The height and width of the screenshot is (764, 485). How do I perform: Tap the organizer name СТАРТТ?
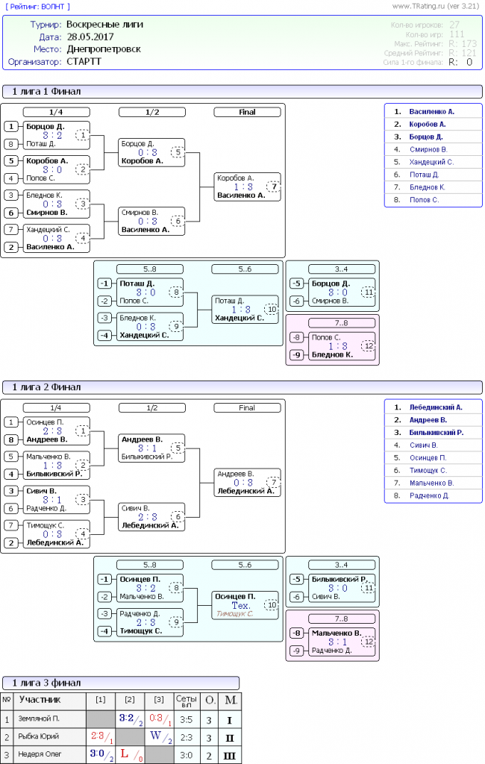(84, 62)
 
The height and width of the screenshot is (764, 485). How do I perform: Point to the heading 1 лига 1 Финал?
(46, 91)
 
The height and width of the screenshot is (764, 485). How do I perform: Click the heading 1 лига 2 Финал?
(46, 387)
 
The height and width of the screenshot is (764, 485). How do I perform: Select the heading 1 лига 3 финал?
(46, 683)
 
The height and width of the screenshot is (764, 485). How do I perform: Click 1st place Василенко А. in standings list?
(432, 111)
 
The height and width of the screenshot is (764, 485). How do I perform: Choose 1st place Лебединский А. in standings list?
(436, 407)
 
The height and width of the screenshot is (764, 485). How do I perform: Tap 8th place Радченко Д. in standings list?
(429, 496)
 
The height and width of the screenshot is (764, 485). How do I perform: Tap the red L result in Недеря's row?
(125, 754)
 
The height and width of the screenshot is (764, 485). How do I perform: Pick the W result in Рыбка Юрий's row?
(155, 736)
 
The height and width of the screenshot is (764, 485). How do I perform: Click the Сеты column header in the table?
(186, 700)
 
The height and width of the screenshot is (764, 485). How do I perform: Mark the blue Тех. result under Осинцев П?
(241, 606)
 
